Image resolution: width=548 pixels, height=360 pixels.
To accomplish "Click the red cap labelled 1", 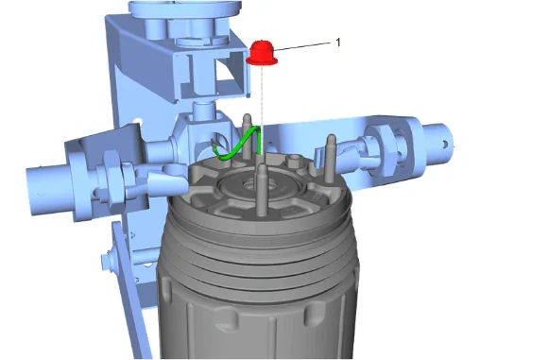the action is pyautogui.click(x=262, y=54).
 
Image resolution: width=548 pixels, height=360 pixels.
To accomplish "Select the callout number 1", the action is pyautogui.click(x=338, y=43).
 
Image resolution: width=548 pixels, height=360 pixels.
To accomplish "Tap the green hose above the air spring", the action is pyautogui.click(x=238, y=145).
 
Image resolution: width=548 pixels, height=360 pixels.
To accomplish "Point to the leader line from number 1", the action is pyautogui.click(x=301, y=47).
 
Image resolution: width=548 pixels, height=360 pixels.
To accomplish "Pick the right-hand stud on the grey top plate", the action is pyautogui.click(x=330, y=158).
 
